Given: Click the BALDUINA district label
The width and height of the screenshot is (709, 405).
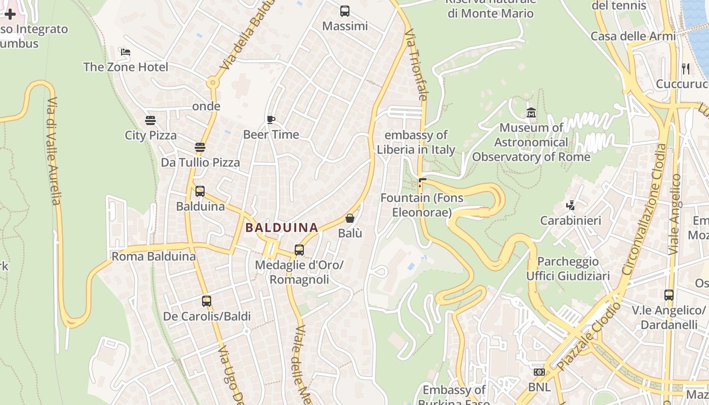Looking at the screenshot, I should [x=282, y=228].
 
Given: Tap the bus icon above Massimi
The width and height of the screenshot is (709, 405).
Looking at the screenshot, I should [x=345, y=11].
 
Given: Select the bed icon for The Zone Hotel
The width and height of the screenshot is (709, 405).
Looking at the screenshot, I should [x=126, y=52].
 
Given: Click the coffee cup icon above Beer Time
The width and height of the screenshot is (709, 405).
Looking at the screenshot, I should [x=271, y=119].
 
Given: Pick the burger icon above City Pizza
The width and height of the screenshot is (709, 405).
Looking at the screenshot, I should [x=150, y=120].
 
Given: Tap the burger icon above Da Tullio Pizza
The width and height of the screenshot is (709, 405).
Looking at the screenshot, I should [x=200, y=147].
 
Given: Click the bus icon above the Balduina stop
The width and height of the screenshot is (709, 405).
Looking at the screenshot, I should [x=200, y=191].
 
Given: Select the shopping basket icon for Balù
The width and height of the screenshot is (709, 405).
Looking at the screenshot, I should [x=349, y=218].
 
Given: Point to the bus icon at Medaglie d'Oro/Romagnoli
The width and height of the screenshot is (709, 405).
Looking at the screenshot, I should [x=299, y=250].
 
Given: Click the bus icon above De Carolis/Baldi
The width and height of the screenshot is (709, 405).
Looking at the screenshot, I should [x=207, y=301].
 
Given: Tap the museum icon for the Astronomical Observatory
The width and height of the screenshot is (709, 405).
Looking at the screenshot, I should [x=531, y=112].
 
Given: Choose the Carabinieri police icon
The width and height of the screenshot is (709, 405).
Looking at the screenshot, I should [x=571, y=206].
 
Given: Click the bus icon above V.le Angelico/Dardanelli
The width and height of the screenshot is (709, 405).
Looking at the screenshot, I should [x=669, y=295].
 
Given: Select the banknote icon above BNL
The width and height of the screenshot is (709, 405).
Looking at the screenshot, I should [x=539, y=372].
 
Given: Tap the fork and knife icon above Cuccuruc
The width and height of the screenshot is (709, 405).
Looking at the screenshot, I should [x=686, y=68].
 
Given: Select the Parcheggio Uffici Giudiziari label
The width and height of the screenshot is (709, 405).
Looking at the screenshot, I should [x=568, y=269].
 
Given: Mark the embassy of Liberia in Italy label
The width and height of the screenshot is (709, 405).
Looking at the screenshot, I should [x=416, y=142].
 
